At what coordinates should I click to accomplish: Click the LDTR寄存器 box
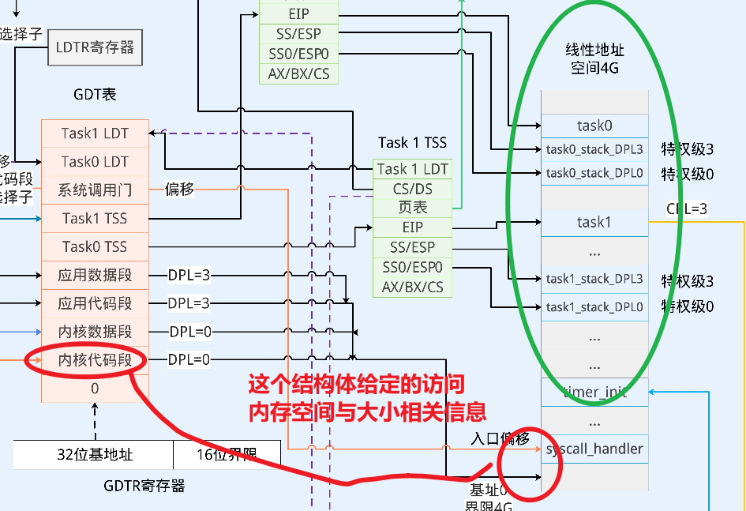pyautogui.click(x=95, y=47)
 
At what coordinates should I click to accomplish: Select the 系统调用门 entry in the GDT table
pyautogui.click(x=95, y=190)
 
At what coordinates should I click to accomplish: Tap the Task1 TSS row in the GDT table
pyautogui.click(x=95, y=219)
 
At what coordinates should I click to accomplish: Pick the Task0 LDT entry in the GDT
pyautogui.click(x=95, y=162)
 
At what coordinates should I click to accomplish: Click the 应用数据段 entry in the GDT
pyautogui.click(x=95, y=276)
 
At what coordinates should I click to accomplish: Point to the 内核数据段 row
pyautogui.click(x=95, y=332)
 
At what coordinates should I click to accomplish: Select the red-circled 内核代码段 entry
pyautogui.click(x=95, y=360)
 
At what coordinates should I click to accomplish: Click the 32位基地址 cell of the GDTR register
pyautogui.click(x=94, y=455)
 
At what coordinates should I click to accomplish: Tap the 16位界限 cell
pyautogui.click(x=227, y=455)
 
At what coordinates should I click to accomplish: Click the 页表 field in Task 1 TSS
pyautogui.click(x=412, y=208)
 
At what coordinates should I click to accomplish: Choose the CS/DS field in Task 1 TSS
pyautogui.click(x=412, y=189)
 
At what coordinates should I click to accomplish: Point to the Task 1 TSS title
pyautogui.click(x=412, y=143)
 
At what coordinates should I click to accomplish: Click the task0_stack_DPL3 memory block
pyautogui.click(x=594, y=149)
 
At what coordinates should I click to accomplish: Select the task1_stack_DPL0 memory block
pyautogui.click(x=594, y=306)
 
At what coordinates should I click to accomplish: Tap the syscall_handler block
pyautogui.click(x=594, y=449)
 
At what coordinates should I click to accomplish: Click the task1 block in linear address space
pyautogui.click(x=594, y=222)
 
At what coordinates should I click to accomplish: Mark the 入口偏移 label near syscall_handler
pyautogui.click(x=500, y=438)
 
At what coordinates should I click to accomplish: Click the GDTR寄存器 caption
pyautogui.click(x=144, y=486)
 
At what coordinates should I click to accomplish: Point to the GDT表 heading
pyautogui.click(x=95, y=94)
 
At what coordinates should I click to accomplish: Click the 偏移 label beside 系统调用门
pyautogui.click(x=179, y=190)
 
